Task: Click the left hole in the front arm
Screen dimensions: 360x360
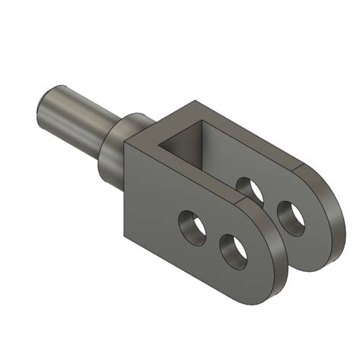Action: [193, 226]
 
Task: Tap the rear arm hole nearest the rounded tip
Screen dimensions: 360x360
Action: [291, 216]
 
